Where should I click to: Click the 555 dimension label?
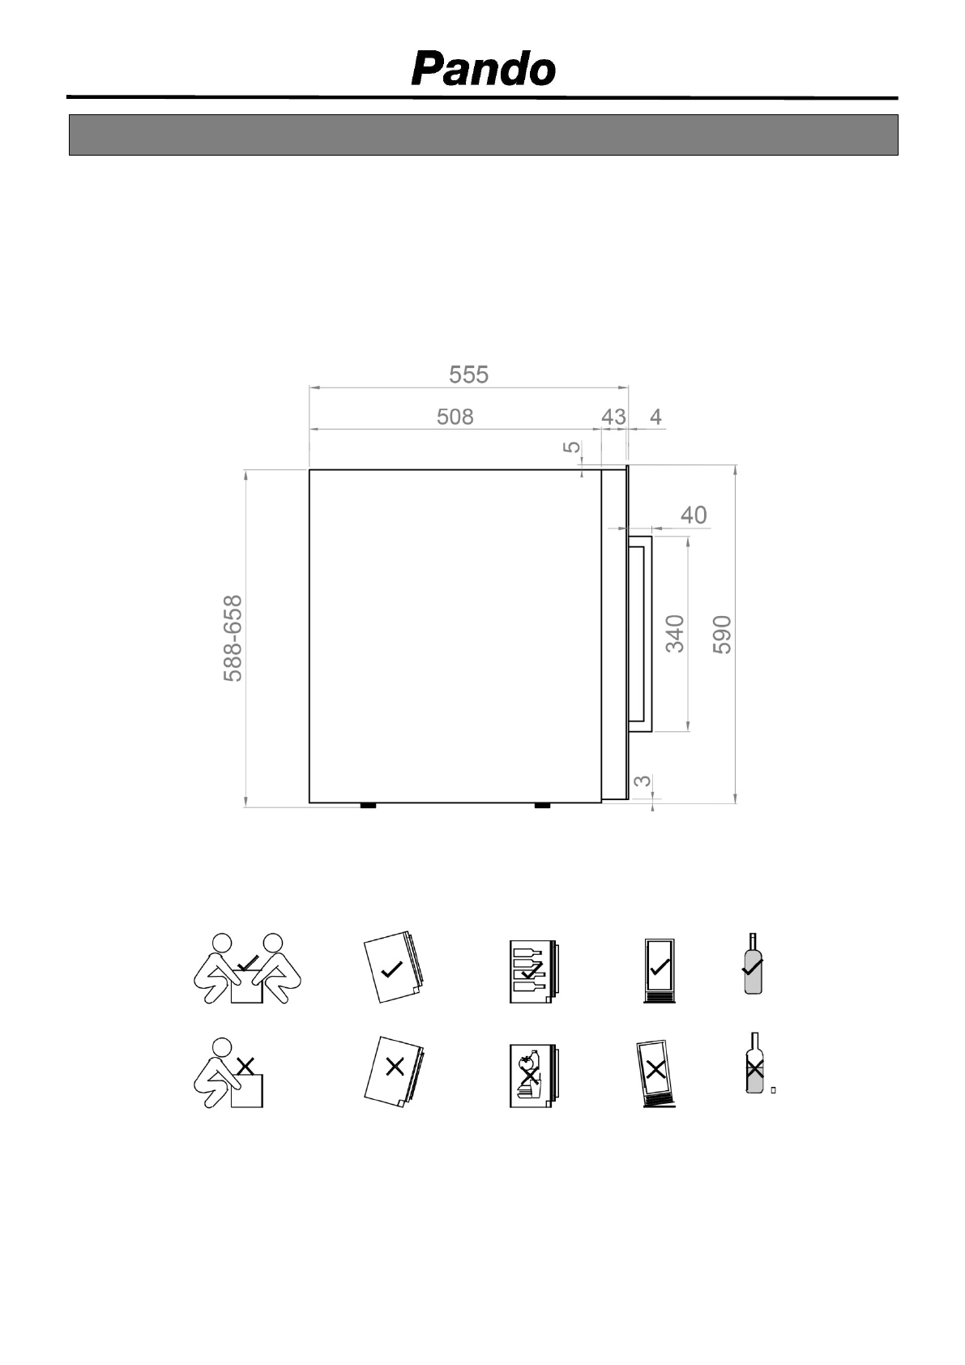coord(468,374)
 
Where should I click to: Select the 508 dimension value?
coord(455,417)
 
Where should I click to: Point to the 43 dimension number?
coord(613,417)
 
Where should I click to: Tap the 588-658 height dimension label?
coord(233,638)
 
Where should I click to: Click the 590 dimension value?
coord(722,635)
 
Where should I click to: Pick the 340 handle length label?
coord(675,634)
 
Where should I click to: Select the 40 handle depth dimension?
coord(694,516)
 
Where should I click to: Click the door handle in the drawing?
coord(640,634)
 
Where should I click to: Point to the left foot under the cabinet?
coord(368,806)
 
